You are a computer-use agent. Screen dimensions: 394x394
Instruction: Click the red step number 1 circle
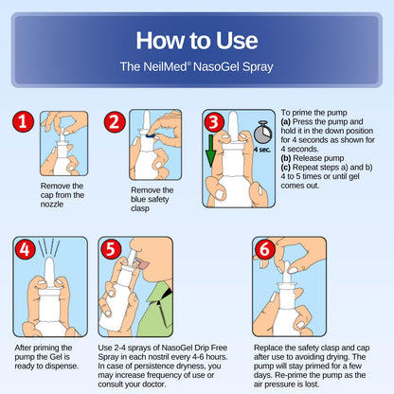click(24, 121)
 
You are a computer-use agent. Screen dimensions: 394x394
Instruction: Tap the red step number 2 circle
click(115, 121)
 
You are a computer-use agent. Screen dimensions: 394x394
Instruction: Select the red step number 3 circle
click(214, 122)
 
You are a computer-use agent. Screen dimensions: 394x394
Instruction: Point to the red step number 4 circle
click(25, 249)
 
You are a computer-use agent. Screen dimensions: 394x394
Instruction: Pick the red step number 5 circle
click(111, 249)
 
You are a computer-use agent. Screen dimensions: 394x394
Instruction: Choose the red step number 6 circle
click(264, 249)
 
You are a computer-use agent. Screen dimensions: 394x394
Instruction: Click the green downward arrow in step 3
click(210, 151)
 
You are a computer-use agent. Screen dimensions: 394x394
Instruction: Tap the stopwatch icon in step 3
click(262, 133)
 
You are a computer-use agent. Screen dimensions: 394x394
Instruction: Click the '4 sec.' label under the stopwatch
click(262, 150)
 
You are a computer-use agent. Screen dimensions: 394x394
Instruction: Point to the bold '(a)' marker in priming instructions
click(286, 122)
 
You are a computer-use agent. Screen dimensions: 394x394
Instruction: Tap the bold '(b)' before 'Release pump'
click(286, 158)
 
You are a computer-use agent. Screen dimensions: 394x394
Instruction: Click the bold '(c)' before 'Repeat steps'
click(286, 168)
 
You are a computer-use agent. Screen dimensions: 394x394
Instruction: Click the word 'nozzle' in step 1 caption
click(52, 205)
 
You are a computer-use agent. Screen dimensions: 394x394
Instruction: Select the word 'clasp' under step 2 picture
click(140, 208)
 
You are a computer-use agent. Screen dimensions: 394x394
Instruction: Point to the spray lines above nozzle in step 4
click(49, 248)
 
